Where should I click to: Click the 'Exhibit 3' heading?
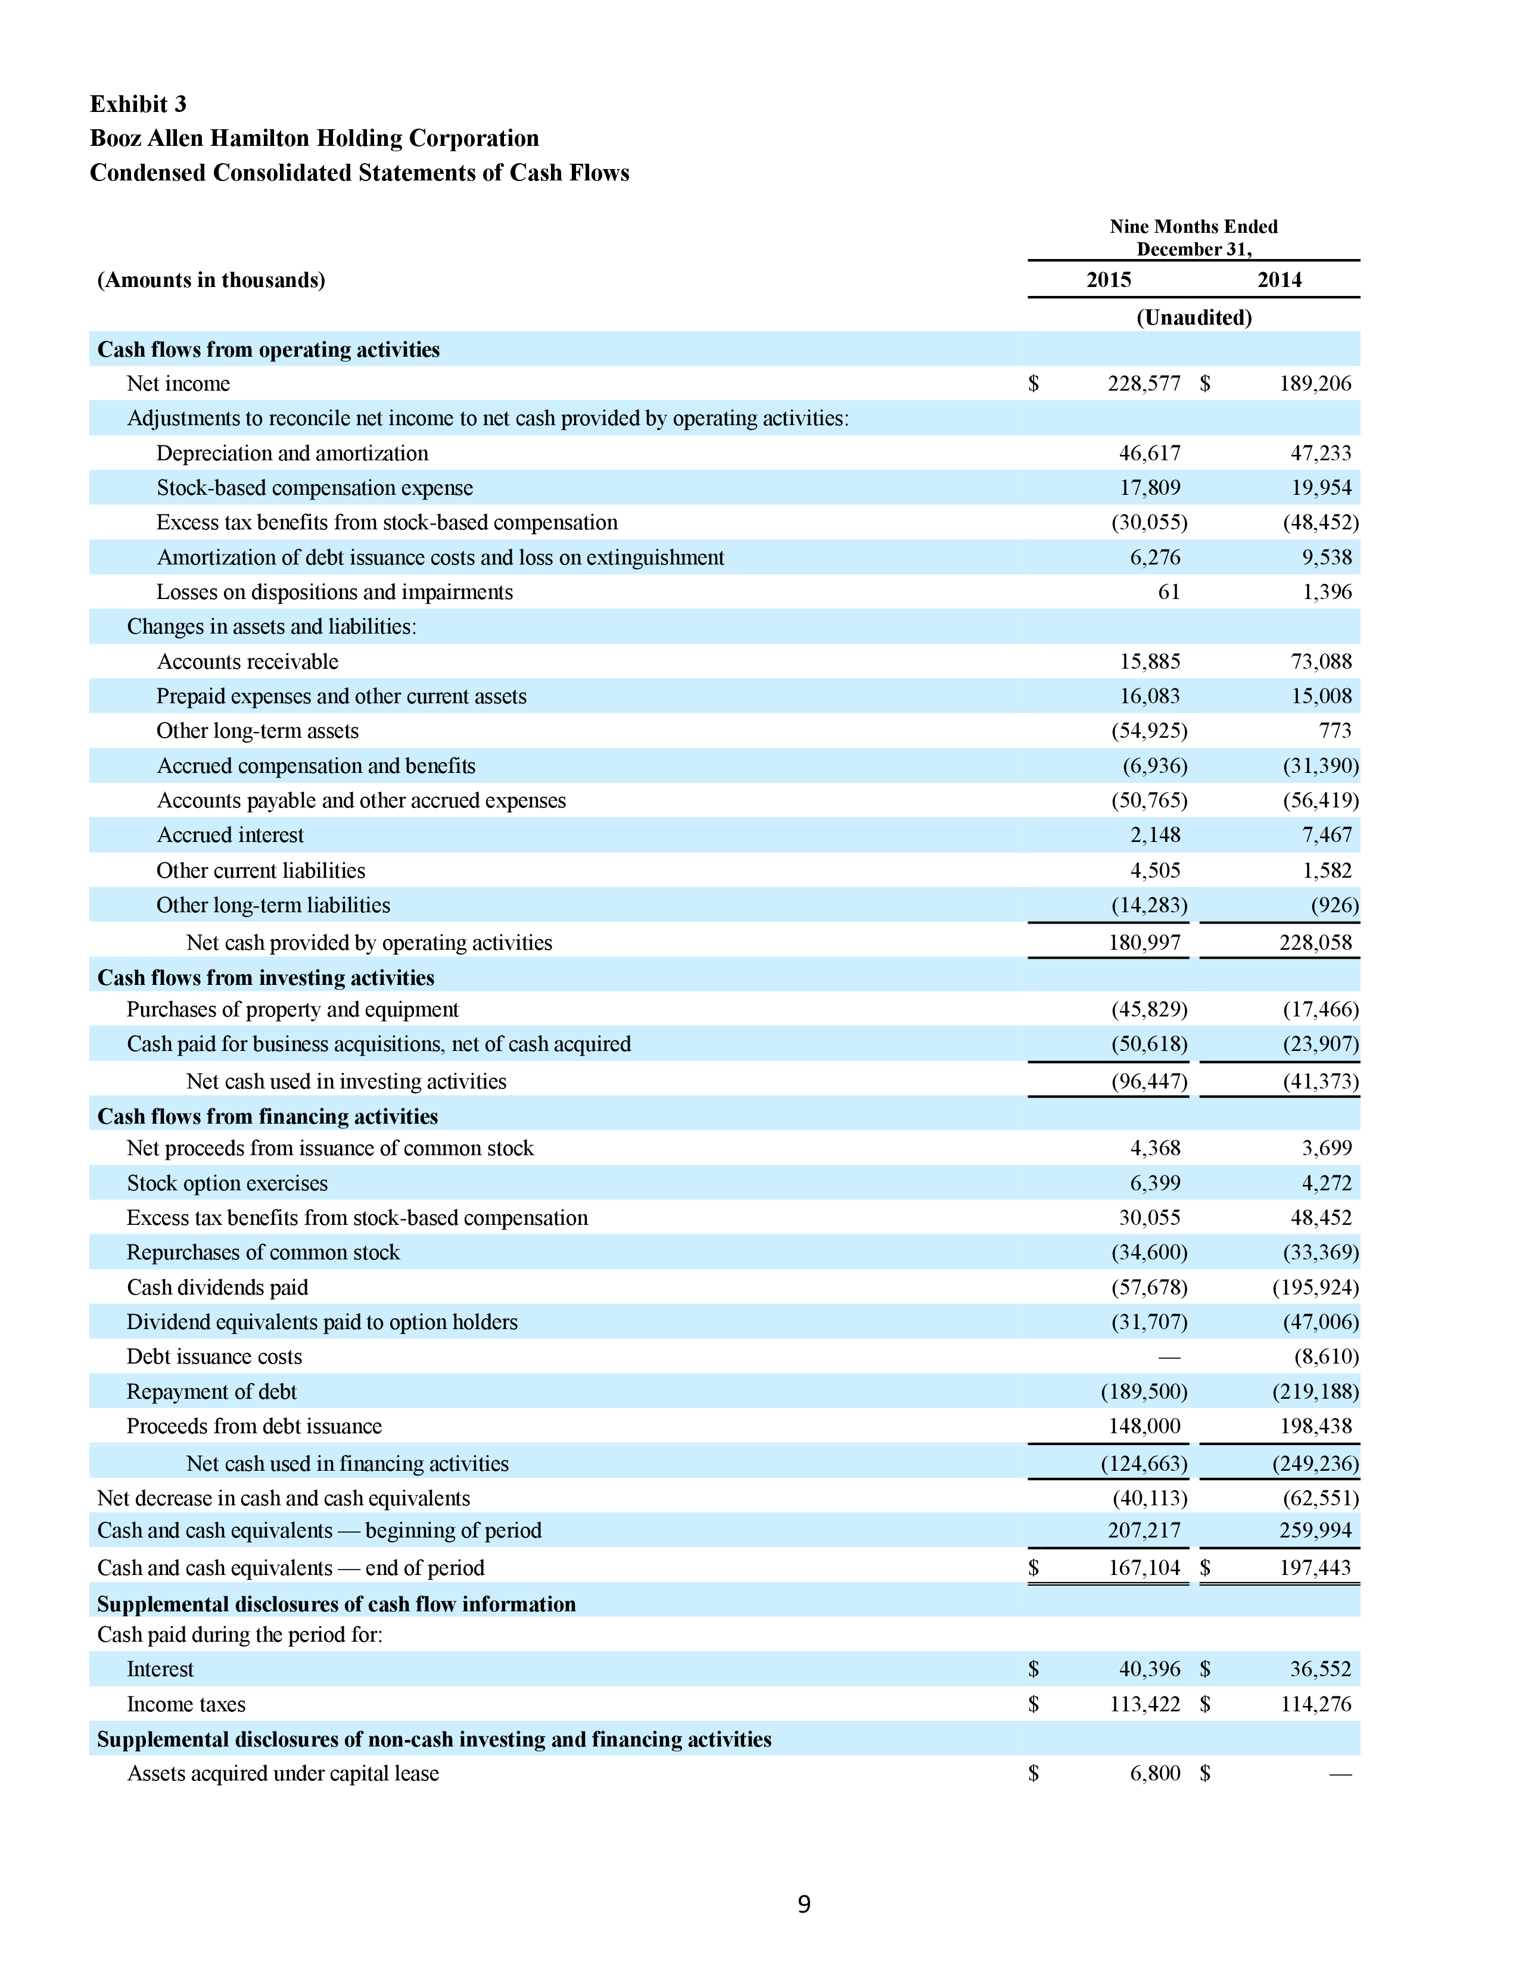pyautogui.click(x=138, y=104)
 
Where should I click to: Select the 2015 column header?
pyautogui.click(x=1108, y=280)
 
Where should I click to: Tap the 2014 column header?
pyautogui.click(x=1279, y=280)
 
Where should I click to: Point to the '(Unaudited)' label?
pyautogui.click(x=1193, y=317)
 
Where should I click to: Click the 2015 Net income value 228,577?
pyautogui.click(x=1143, y=384)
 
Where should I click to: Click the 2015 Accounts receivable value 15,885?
pyautogui.click(x=1149, y=662)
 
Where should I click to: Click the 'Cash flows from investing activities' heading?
pyautogui.click(x=266, y=978)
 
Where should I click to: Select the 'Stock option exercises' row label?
pyautogui.click(x=227, y=1183)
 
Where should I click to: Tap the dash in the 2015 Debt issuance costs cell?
pyautogui.click(x=1169, y=1357)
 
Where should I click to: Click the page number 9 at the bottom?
pyautogui.click(x=804, y=1904)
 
